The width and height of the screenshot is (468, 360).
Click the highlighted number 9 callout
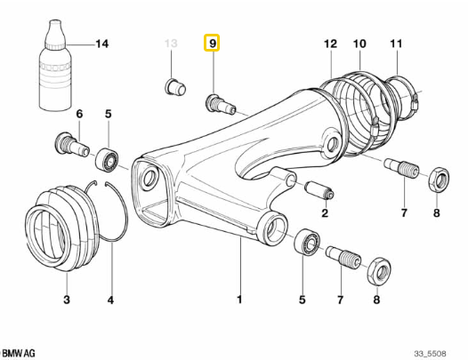[212, 44]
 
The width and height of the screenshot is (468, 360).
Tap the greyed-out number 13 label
[173, 44]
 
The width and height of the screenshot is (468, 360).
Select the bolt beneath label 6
[70, 143]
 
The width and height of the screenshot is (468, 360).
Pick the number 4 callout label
[110, 300]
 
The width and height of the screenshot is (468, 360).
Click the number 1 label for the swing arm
[239, 300]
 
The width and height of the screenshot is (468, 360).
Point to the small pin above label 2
[318, 190]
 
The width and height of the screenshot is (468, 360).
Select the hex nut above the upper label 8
[438, 178]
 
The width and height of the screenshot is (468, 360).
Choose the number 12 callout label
[330, 44]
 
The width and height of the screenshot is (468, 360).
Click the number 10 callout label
[360, 44]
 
